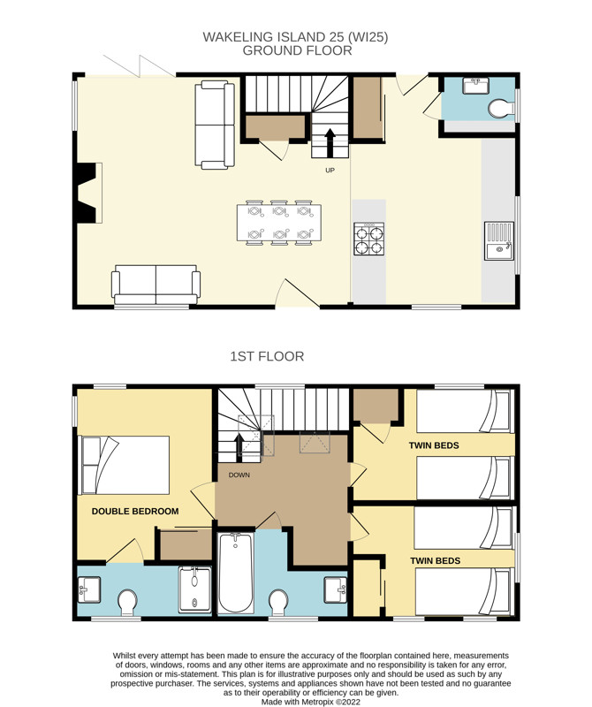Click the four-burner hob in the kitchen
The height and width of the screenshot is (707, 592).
click(368, 239)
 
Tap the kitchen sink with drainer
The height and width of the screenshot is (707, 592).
click(499, 240)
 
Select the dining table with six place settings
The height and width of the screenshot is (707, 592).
click(279, 223)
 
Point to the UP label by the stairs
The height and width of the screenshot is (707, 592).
click(330, 171)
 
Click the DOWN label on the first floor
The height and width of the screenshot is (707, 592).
click(239, 475)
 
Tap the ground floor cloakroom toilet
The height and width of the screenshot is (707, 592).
click(501, 109)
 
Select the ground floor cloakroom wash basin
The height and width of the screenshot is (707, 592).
click(475, 86)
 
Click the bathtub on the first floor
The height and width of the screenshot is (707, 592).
click(236, 573)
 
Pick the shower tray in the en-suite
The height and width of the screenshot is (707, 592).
click(194, 589)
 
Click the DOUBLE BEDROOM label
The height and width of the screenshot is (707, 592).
click(135, 512)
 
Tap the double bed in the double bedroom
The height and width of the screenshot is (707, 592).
click(124, 465)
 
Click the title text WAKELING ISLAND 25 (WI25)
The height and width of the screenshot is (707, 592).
click(295, 37)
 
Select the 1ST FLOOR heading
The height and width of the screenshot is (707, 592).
click(267, 357)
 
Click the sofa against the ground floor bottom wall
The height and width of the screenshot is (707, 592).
click(156, 285)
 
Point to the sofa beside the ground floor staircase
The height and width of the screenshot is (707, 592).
click(215, 125)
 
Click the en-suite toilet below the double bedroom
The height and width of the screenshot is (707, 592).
click(127, 602)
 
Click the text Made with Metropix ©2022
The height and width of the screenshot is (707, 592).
click(311, 702)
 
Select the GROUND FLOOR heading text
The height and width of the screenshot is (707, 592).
click(297, 50)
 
